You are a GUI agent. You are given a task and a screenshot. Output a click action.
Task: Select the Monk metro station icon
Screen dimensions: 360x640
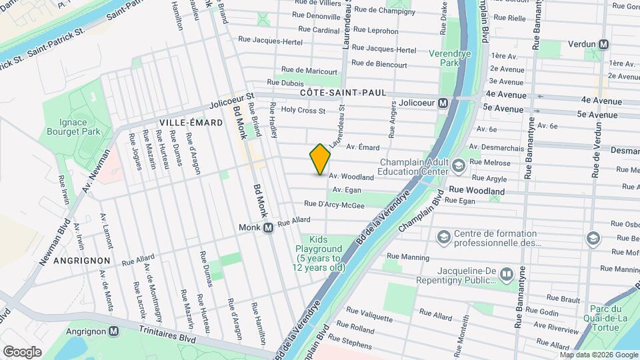pos(268,228)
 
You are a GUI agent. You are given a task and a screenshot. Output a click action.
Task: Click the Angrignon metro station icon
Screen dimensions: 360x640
pos(114,331)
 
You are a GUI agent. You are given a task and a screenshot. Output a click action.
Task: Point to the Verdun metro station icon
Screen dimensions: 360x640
pos(604,45)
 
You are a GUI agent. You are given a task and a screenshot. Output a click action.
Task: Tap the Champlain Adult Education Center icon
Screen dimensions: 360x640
pos(458,165)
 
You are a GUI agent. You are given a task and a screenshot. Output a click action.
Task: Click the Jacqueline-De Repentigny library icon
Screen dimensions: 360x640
pos(507,274)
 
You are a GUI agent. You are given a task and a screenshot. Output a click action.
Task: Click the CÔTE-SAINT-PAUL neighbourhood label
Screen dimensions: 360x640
pos(343,93)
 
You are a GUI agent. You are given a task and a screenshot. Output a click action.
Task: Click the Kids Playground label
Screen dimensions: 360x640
pos(319,254)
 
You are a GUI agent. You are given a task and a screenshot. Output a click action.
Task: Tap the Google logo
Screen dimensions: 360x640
pos(22,351)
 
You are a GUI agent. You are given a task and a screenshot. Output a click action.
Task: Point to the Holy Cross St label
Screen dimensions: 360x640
pos(303,111)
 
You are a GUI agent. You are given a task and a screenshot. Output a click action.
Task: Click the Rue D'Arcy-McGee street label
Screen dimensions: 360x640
pos(334,205)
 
